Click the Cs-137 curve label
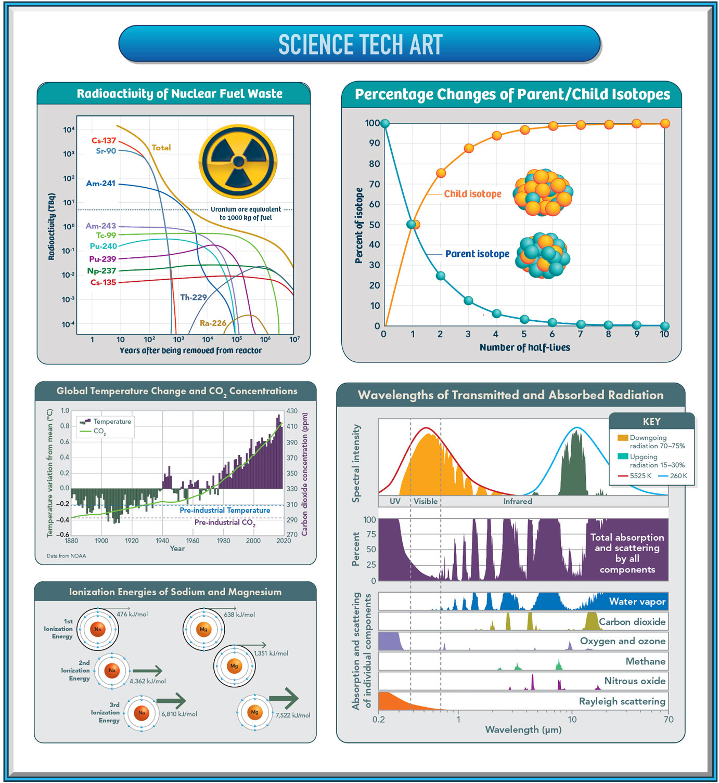click(104, 140)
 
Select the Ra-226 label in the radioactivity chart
click(213, 323)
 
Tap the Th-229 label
click(193, 297)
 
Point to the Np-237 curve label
click(101, 270)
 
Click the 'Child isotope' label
click(472, 194)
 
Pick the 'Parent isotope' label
click(477, 254)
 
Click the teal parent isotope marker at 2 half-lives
click(441, 276)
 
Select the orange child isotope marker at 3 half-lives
click(469, 148)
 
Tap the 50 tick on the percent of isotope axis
click(374, 225)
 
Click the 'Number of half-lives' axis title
click(524, 347)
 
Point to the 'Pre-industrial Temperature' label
click(225, 510)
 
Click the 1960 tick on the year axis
click(192, 541)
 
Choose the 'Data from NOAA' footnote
click(66, 556)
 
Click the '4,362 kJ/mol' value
click(148, 681)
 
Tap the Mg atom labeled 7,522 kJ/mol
click(254, 712)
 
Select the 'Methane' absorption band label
click(645, 661)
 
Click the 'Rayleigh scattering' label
click(622, 701)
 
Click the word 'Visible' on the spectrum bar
click(426, 501)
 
